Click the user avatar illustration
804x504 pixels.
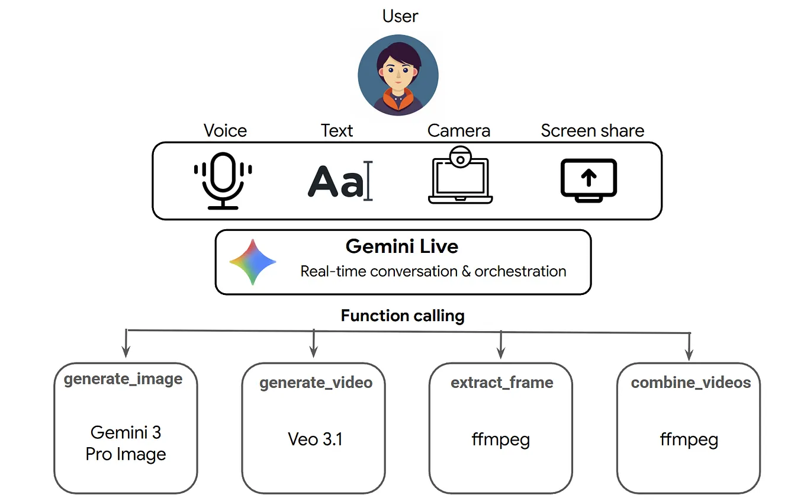[x=398, y=75]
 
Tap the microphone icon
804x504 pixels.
[x=223, y=181]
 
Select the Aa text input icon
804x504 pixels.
[x=340, y=181]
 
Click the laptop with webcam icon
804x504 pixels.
[x=460, y=175]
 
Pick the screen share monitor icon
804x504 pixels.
[x=588, y=180]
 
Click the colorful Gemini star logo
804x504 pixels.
[x=253, y=262]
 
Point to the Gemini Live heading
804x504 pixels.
[x=402, y=246]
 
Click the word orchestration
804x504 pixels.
[x=520, y=271]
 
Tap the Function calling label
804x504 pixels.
[x=403, y=316]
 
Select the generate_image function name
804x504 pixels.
[x=123, y=379]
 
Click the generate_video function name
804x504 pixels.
[x=316, y=383]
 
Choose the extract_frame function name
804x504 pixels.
[x=502, y=383]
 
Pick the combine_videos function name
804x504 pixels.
[x=691, y=383]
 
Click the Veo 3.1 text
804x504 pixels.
[x=315, y=439]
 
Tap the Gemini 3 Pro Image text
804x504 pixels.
[x=126, y=444]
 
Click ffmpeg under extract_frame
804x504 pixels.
[x=501, y=440]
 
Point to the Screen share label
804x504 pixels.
[x=593, y=131]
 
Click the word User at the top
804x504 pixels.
[x=400, y=16]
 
